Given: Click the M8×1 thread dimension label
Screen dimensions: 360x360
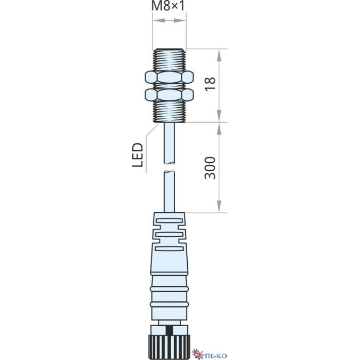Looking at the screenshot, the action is coord(168,6).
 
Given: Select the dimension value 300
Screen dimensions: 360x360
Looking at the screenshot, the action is coord(210,168).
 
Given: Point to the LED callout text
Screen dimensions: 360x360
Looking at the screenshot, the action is coord(138,155).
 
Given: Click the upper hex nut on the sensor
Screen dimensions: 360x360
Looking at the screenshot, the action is coord(169,77).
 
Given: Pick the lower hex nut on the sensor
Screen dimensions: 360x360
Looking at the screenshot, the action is coord(169,95).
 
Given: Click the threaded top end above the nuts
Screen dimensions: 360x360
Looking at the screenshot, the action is coord(169,60).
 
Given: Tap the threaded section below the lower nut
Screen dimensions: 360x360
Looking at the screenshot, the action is coord(169,111).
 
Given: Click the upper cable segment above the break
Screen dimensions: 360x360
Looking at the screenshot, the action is coord(170,143).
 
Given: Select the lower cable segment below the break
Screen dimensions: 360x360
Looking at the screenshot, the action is coord(170,191).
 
